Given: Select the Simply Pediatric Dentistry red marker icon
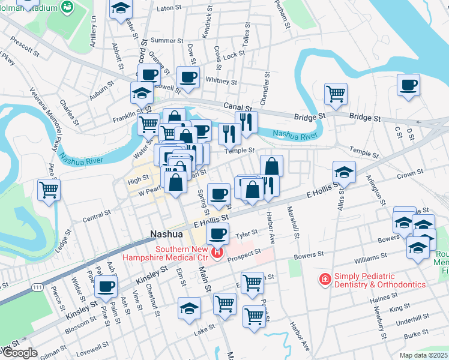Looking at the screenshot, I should click(x=325, y=279).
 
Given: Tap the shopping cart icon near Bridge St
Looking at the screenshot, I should click(x=336, y=93).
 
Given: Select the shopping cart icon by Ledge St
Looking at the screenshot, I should click(x=49, y=189).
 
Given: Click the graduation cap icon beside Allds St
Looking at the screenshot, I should click(x=344, y=172).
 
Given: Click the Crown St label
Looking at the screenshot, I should click(x=409, y=173).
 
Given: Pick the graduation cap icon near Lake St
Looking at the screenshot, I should click(x=189, y=308).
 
